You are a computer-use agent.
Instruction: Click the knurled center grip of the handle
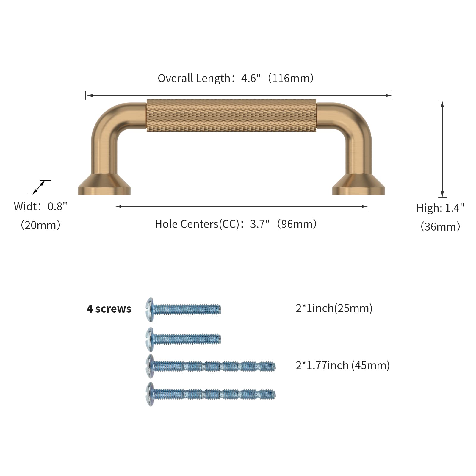[231, 116]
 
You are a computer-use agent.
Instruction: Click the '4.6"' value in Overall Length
[251, 78]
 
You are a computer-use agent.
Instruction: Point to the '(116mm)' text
[291, 78]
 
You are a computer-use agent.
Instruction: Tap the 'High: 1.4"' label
[440, 208]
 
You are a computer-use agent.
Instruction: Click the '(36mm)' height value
[440, 227]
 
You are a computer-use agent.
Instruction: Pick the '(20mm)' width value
[40, 225]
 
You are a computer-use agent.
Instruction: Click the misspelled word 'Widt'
[25, 206]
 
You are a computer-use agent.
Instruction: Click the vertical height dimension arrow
[443, 149]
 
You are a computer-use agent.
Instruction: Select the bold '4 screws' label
[109, 309]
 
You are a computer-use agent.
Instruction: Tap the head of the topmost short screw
[150, 310]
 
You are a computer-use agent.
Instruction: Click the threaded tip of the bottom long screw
[270, 395]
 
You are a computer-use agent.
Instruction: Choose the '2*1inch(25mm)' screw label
[334, 308]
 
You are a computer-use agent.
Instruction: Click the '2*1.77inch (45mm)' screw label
[343, 365]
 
